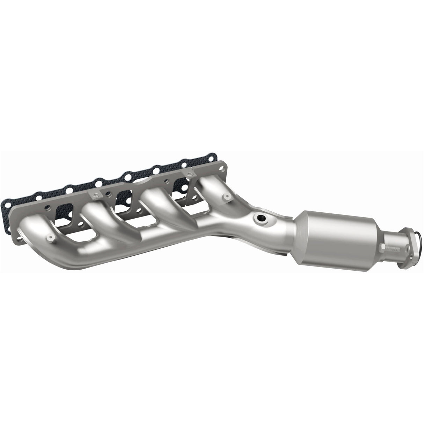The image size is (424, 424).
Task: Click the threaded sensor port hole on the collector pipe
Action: (x=261, y=219)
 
